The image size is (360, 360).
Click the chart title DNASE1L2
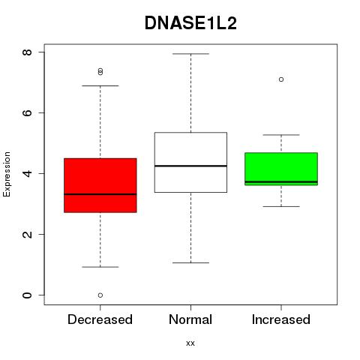coord(190,23)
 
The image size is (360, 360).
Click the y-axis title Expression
coord(7,174)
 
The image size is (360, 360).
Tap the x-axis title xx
coord(190,343)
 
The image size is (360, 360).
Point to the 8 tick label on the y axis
coord(27,52)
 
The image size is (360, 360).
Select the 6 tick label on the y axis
coord(27,112)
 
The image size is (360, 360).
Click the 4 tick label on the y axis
coord(27,173)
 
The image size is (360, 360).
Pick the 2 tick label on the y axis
coord(27,234)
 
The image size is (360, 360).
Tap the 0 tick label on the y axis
coord(27,295)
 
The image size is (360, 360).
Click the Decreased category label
coord(100,319)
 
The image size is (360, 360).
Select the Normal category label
coord(190,319)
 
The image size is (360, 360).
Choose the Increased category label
coord(281,319)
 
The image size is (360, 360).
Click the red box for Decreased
coord(100,185)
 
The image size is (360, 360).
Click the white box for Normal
coord(190,162)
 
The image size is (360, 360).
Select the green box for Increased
coord(281,169)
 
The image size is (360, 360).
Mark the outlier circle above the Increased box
coord(281,79)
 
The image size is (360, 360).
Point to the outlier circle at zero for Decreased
coord(100,295)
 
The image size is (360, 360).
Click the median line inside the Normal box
coord(190,166)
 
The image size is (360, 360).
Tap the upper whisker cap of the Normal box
coord(190,54)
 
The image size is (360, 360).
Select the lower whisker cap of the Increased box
coord(281,206)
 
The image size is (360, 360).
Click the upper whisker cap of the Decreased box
coord(100,85)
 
